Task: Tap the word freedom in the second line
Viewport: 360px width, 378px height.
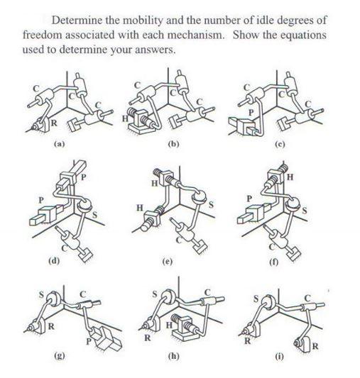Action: [x=43, y=34]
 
